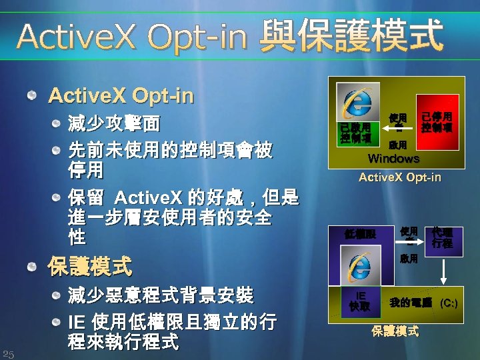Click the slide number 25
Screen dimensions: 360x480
(9, 353)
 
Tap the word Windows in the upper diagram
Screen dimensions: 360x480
(393, 159)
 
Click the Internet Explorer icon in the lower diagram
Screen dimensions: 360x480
(358, 267)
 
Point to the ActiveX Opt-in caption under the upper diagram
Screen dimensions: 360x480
(399, 177)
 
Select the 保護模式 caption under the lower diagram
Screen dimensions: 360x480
(395, 331)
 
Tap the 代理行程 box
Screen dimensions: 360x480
(441, 237)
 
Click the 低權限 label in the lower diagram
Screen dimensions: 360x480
(360, 234)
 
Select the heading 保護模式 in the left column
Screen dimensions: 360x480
(90, 267)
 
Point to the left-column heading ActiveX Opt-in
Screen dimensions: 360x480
(121, 97)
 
